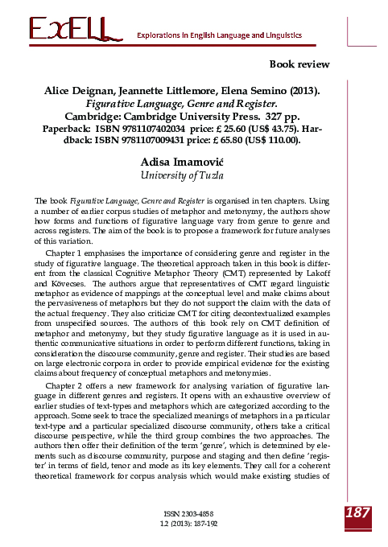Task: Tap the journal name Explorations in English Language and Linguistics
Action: click(x=220, y=36)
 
